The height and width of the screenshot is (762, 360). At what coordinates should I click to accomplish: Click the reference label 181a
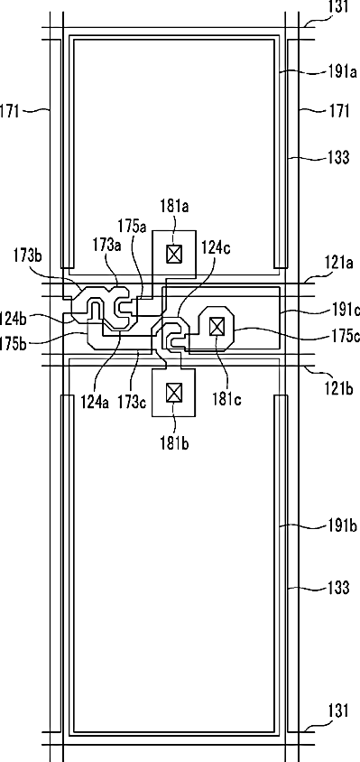[x=174, y=207]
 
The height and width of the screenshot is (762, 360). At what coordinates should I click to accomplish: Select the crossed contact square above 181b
[x=173, y=392]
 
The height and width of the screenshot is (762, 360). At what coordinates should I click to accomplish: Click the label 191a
[x=342, y=73]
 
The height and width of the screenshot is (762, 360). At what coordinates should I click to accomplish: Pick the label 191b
[x=342, y=526]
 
